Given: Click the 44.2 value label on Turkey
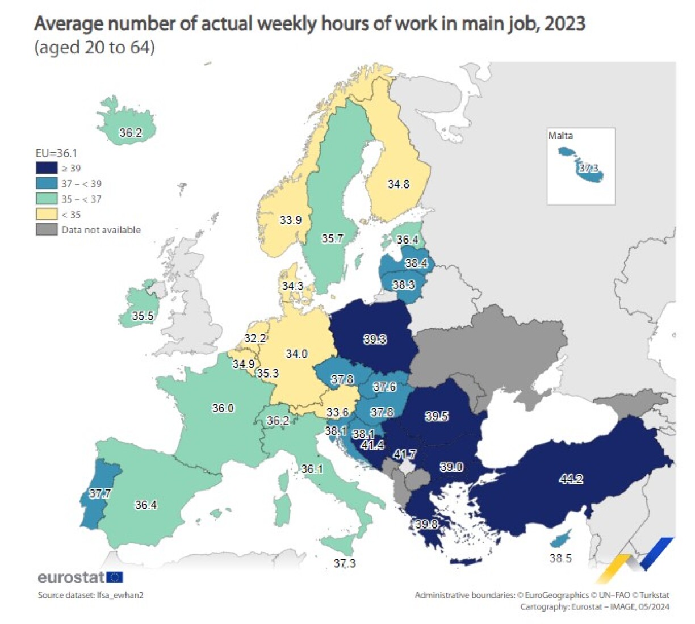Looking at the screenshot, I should click(x=571, y=479).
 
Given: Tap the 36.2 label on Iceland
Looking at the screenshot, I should click(x=131, y=133).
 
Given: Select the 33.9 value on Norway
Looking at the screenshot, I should click(x=291, y=220).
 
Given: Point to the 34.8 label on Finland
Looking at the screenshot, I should click(x=399, y=184).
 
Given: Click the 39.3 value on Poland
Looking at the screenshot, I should click(x=375, y=339).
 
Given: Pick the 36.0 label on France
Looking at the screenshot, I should click(x=223, y=408).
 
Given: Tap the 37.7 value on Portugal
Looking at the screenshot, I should click(x=100, y=493).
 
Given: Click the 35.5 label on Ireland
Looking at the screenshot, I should click(x=143, y=316).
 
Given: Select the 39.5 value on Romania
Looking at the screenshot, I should click(x=437, y=416).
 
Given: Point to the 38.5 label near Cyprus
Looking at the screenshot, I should click(x=560, y=558).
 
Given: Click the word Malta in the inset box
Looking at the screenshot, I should click(x=560, y=136).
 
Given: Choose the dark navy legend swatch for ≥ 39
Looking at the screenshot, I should click(x=47, y=168).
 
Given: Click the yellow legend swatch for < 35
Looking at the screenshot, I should click(x=47, y=214).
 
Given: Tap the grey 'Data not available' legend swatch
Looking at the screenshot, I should click(x=47, y=229).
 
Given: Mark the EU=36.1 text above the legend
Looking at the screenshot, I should click(x=56, y=153).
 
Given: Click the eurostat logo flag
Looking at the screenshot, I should click(x=115, y=577).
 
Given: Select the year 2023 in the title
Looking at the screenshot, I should click(x=564, y=24).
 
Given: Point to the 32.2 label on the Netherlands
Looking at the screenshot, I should click(x=255, y=338).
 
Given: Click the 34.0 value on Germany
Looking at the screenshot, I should click(x=296, y=354).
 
